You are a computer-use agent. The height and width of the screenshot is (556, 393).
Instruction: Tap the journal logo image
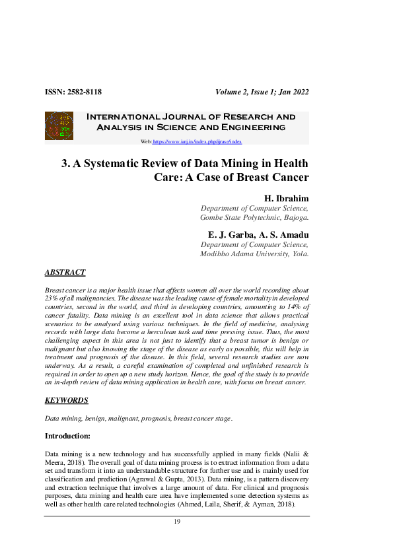tap(58, 125)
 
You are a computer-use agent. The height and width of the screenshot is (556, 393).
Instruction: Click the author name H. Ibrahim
tap(286, 198)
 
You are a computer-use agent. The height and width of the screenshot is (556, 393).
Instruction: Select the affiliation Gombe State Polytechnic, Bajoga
tap(254, 217)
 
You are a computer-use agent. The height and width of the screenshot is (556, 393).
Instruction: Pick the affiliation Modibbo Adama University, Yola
tap(254, 254)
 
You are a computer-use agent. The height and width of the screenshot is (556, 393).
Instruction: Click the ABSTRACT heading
tap(65, 272)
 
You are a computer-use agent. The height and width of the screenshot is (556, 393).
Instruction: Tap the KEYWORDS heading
tap(66, 400)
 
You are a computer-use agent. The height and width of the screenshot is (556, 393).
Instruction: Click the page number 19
tap(177, 522)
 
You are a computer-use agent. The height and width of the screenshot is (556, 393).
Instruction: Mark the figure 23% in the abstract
tap(52, 298)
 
